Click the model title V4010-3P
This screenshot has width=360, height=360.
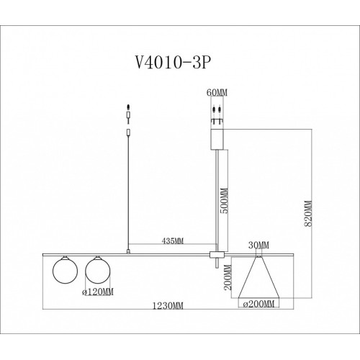click(174, 63)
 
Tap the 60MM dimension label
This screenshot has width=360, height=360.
click(217, 93)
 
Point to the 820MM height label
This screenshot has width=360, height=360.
click(308, 214)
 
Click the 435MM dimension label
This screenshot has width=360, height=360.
click(173, 240)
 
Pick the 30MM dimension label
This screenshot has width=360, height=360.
click(258, 246)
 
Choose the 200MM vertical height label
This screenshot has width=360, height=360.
click(228, 277)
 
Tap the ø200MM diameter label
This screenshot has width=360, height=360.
click(258, 304)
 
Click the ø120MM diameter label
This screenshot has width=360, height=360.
click(97, 292)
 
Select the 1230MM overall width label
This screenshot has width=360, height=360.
click(168, 306)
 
